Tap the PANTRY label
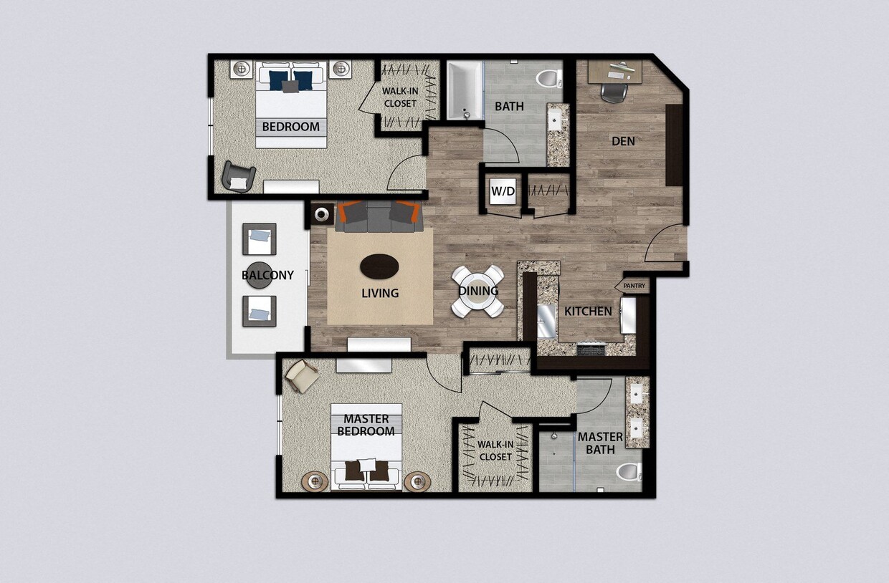pyautogui.click(x=634, y=286)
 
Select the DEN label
pyautogui.click(x=623, y=141)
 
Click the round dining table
pyautogui.click(x=477, y=291)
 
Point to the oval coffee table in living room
pyautogui.click(x=379, y=266)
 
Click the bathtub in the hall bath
pyautogui.click(x=465, y=90)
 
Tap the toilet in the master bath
pyautogui.click(x=629, y=472)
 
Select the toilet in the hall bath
pyautogui.click(x=550, y=77)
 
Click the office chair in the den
pyautogui.click(x=613, y=92)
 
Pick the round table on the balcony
pyautogui.click(x=258, y=275)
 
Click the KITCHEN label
pyautogui.click(x=588, y=312)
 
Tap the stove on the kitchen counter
pyautogui.click(x=591, y=349)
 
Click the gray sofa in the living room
pyautogui.click(x=377, y=217)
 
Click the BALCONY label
pyautogui.click(x=267, y=275)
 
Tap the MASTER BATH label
pyautogui.click(x=600, y=443)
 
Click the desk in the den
pyautogui.click(x=614, y=70)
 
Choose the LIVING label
pyautogui.click(x=380, y=293)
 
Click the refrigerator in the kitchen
pyautogui.click(x=629, y=316)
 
